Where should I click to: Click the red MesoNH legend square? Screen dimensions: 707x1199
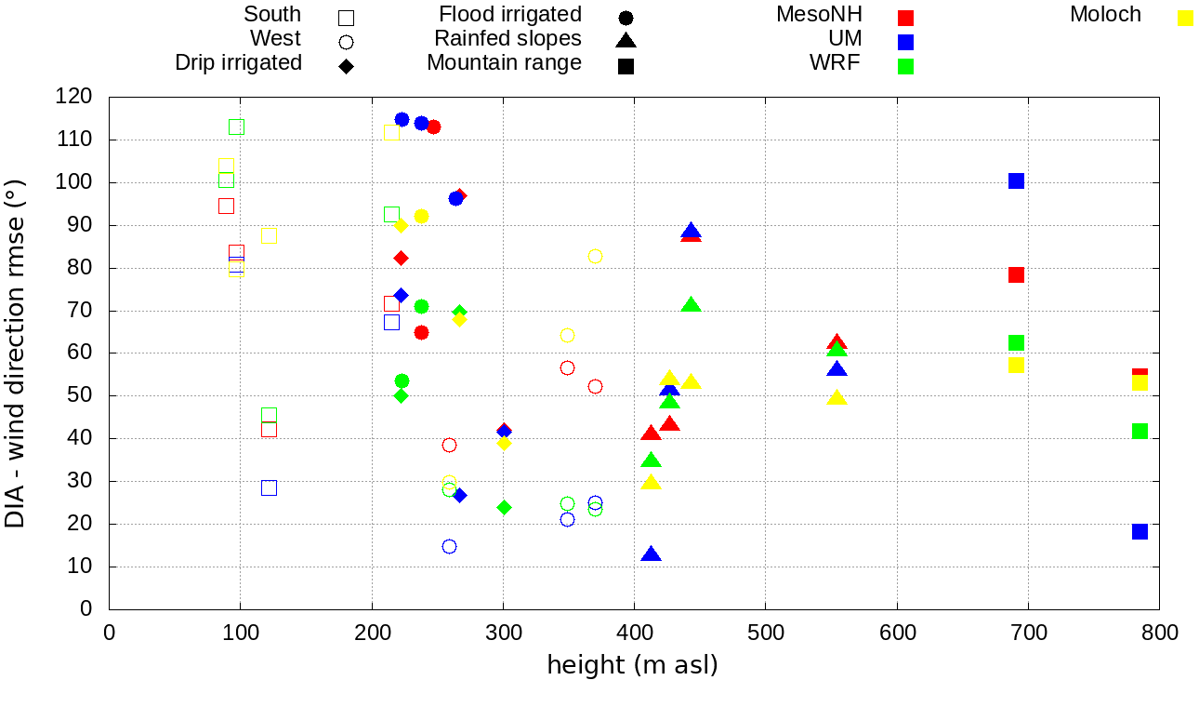click(x=906, y=18)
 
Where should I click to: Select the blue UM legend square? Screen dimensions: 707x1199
click(x=906, y=42)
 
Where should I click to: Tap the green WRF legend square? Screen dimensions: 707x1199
click(x=906, y=66)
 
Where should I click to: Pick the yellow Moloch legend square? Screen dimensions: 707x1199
click(x=1185, y=18)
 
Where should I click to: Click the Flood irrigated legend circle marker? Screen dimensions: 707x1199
click(x=626, y=18)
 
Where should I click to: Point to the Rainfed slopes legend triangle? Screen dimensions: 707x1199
click(x=626, y=41)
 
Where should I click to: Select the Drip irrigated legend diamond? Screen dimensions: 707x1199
click(x=346, y=66)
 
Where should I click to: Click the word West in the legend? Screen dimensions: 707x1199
click(x=275, y=38)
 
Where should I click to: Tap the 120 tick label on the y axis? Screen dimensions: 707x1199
click(x=73, y=97)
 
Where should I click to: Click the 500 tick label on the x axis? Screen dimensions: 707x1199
click(x=765, y=634)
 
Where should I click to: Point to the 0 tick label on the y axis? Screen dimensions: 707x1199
click(x=86, y=609)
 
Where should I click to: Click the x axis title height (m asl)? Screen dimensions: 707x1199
click(x=632, y=666)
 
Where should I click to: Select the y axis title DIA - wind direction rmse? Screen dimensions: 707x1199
click(x=16, y=353)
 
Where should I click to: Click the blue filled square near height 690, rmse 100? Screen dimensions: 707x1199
click(x=1016, y=180)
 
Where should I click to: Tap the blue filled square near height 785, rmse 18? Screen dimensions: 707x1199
click(x=1140, y=531)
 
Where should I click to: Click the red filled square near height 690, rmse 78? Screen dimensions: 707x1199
click(x=1016, y=274)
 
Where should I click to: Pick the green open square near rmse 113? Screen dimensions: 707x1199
click(x=236, y=127)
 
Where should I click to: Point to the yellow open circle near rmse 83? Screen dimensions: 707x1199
click(x=595, y=256)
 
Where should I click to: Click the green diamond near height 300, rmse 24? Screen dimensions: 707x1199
click(x=504, y=507)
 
